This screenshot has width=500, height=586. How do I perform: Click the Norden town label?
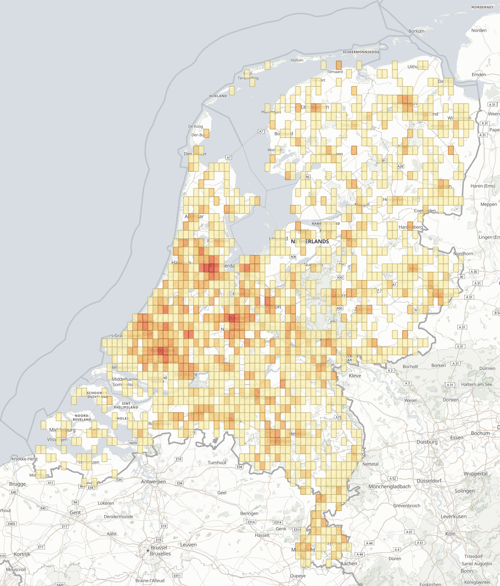(x=479, y=31)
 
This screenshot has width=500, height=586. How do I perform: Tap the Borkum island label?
(x=416, y=31)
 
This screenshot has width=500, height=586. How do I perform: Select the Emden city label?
(x=479, y=75)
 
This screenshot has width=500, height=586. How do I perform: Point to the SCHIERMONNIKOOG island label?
(x=361, y=52)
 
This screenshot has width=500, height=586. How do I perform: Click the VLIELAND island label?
(x=218, y=96)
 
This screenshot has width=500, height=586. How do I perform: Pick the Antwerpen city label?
(x=153, y=482)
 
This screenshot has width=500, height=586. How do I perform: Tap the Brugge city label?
(x=18, y=484)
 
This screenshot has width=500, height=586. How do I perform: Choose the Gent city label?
(x=75, y=512)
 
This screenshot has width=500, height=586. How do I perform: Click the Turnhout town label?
(x=217, y=462)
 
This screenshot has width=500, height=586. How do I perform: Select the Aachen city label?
(x=349, y=563)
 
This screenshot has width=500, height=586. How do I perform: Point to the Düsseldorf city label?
(x=429, y=481)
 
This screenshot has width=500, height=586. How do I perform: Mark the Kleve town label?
(x=355, y=376)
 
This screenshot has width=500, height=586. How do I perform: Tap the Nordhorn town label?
(x=463, y=254)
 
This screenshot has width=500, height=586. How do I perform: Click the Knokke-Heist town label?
(x=25, y=459)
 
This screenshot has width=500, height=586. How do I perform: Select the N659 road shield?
(x=133, y=443)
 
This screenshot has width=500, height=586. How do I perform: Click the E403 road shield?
(x=11, y=524)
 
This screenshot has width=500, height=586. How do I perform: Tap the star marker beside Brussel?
(x=148, y=550)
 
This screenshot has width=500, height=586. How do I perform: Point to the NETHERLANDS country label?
(x=310, y=241)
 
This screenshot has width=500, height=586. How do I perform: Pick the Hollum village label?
(x=297, y=60)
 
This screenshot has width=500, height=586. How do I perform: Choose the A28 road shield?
(x=400, y=166)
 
